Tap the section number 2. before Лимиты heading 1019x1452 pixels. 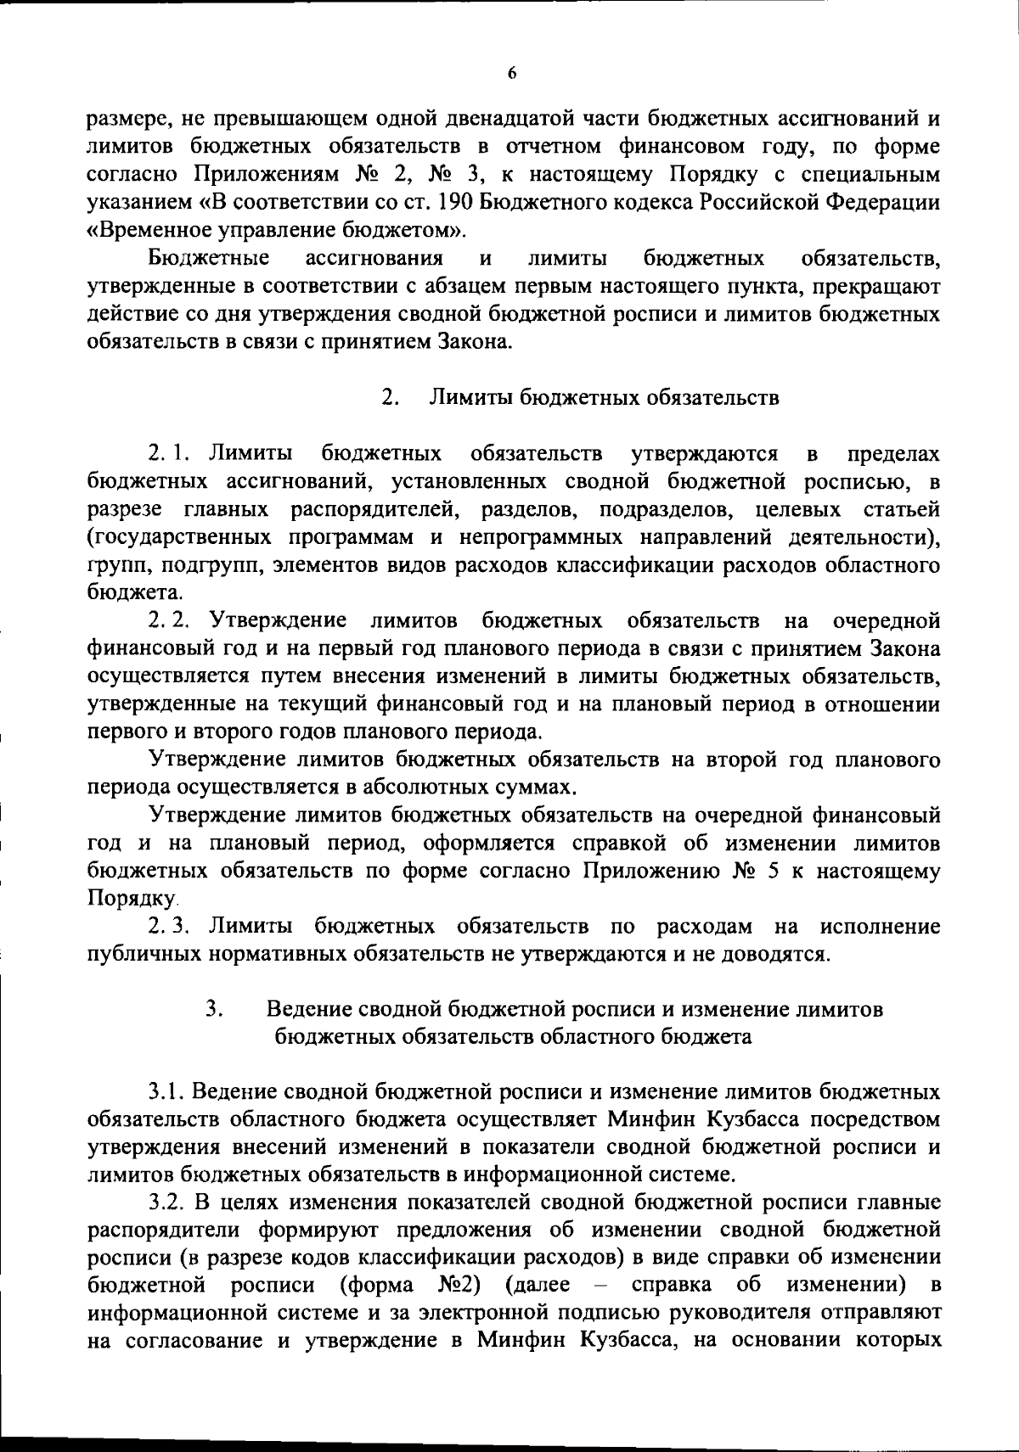tap(390, 398)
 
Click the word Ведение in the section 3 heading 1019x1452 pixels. tap(309, 1010)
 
